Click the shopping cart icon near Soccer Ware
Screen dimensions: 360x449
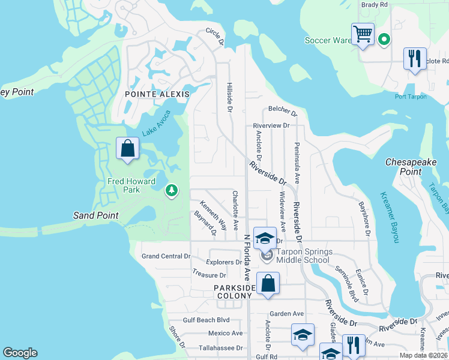(x=363, y=34)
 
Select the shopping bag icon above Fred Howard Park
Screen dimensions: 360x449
(x=127, y=148)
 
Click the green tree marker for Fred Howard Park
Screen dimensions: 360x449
(x=172, y=191)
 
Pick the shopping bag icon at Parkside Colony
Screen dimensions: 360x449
(x=268, y=283)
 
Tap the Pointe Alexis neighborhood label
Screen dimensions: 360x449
(x=157, y=94)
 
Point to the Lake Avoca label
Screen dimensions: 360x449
(x=156, y=123)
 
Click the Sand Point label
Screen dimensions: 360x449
(x=95, y=215)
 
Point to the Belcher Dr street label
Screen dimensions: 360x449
(x=283, y=111)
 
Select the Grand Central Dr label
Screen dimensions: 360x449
(x=166, y=256)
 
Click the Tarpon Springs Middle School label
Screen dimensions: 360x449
(x=303, y=256)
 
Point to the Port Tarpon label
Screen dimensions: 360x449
(x=411, y=97)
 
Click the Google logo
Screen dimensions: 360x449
(x=20, y=353)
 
